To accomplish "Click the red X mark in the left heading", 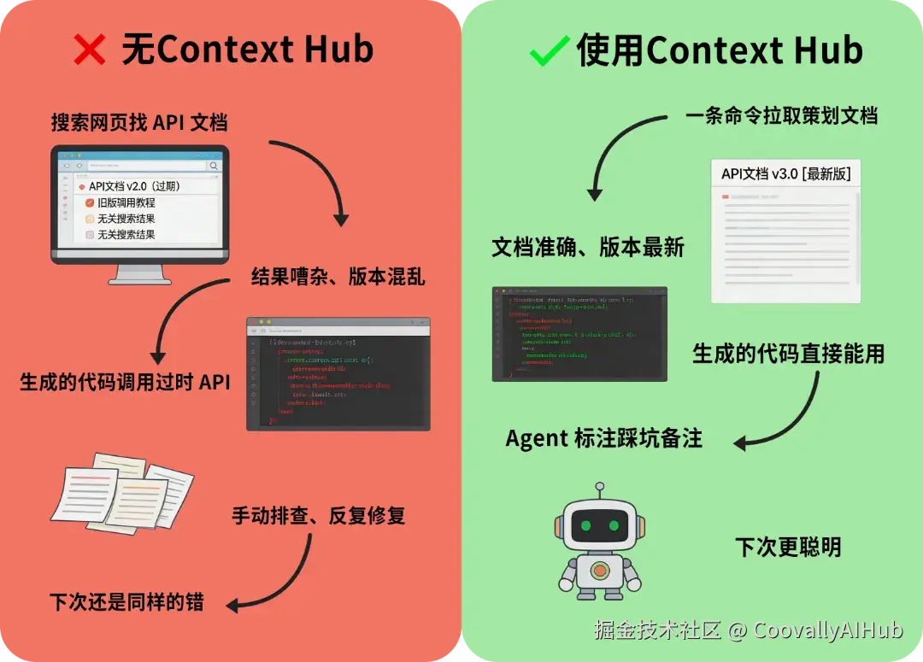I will pyautogui.click(x=90, y=50).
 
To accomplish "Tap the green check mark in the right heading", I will pyautogui.click(x=550, y=51).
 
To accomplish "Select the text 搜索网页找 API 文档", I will pyautogui.click(x=138, y=122).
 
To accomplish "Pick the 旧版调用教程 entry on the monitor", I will pyautogui.click(x=126, y=203).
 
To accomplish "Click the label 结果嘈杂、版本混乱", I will pyautogui.click(x=338, y=278).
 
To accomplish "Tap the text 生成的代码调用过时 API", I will pyautogui.click(x=125, y=382).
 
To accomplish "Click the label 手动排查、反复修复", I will pyautogui.click(x=318, y=516).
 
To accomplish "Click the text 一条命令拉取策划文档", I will pyautogui.click(x=781, y=115).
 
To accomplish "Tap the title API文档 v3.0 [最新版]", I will pyautogui.click(x=785, y=174).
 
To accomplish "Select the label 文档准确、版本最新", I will pyautogui.click(x=588, y=248).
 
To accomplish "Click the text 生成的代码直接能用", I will pyautogui.click(x=788, y=354).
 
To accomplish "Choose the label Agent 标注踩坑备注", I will pyautogui.click(x=604, y=439).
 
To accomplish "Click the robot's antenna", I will pyautogui.click(x=600, y=490).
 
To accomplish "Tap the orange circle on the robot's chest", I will pyautogui.click(x=600, y=570).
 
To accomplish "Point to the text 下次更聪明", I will pyautogui.click(x=788, y=548).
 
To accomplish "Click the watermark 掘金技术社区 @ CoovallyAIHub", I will pyautogui.click(x=748, y=630).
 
